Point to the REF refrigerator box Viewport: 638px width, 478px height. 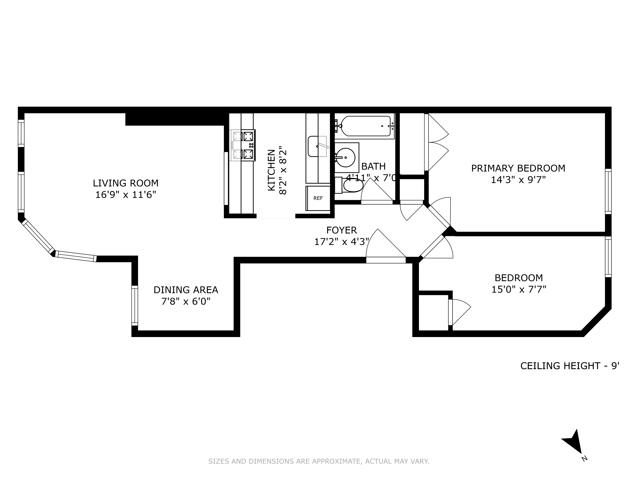pos(318,198)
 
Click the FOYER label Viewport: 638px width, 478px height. pos(342,230)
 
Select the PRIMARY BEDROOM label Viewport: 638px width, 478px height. pos(518,168)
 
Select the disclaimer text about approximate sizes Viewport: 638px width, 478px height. pos(319,461)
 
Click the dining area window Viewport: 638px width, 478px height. pos(135,305)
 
